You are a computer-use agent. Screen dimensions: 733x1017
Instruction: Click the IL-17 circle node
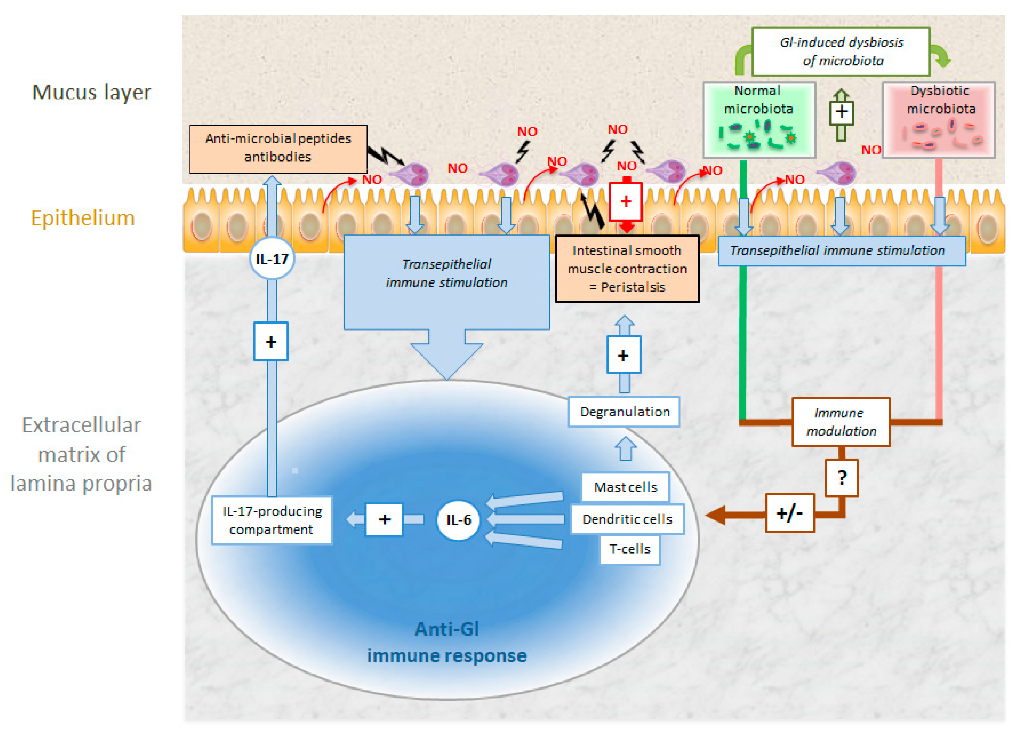pos(272,259)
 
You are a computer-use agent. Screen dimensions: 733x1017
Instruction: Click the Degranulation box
pos(624,412)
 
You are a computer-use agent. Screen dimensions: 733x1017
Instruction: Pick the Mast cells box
pos(625,487)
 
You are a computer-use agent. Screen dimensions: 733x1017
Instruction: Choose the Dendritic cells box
pos(627,519)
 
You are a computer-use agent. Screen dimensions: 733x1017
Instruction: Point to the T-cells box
pos(630,549)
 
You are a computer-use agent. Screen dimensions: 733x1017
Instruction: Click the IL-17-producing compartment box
pos(272,520)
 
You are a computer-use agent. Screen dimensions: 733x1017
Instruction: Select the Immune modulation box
pos(841,422)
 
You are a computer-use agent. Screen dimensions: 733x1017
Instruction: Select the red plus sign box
pos(625,202)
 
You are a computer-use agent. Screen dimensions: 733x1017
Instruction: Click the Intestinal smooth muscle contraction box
pos(627,269)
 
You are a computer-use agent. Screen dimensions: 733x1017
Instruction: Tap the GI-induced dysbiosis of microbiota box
pos(841,51)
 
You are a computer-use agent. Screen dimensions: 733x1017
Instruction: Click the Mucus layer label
pos(91,92)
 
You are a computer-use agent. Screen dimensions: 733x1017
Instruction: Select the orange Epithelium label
pos(82,218)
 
